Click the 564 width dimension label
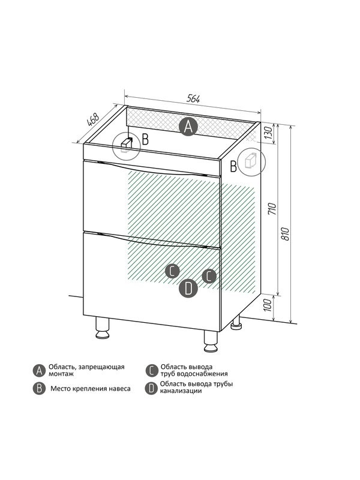pos(193,99)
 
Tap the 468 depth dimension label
pos(93,119)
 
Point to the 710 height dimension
pos(272,209)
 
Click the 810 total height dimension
pos(286,234)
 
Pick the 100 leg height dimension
pos(268,305)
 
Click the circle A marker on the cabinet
pos(188,127)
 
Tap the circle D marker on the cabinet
pos(188,288)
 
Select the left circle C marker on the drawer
pos(172,271)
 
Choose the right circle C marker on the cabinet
pos(209,276)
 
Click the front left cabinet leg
pos(102,328)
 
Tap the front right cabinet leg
pos(211,341)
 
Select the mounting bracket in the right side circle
pos(251,160)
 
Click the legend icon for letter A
pos(39,370)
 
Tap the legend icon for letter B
pos(39,388)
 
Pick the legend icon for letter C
pos(152,370)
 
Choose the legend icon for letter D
pos(151,388)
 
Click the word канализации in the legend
pos(181,391)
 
